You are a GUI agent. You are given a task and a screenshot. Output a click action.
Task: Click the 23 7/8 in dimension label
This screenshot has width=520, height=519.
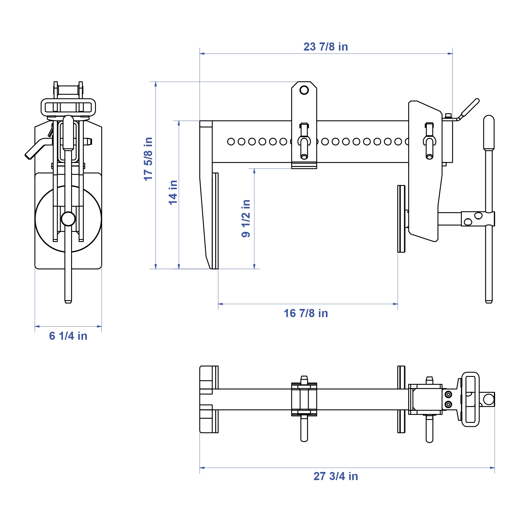coord(326,47)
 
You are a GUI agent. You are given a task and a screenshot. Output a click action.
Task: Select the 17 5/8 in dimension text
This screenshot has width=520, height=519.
coord(148,159)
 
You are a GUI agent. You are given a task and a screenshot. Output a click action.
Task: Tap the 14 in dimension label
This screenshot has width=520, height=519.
coord(173,192)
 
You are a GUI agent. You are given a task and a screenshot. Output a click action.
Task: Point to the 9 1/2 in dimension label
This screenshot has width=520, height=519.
coord(246,218)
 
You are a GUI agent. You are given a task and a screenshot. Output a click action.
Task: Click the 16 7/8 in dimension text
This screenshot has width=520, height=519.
coord(306,313)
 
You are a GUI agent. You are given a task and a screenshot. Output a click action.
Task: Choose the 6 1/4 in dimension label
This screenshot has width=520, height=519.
coord(68,336)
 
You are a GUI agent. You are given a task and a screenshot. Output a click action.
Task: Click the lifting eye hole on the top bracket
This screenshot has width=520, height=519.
coord(304,90)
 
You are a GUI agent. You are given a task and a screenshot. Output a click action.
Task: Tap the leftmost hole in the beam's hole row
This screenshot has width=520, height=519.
coord(231,141)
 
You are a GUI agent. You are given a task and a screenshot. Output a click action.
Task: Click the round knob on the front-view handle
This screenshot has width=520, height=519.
coord(68,219)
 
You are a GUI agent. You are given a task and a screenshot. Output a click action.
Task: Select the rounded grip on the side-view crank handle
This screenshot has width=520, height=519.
coord(489,132)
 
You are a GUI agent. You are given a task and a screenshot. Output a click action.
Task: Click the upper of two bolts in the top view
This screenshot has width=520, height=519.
coord(448,394)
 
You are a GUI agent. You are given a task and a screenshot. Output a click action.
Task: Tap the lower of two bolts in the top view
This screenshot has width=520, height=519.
coord(448,404)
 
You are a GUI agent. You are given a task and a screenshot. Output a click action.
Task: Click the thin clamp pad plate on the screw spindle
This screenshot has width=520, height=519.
coord(401,219)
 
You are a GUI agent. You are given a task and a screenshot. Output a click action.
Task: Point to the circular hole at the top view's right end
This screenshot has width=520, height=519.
coord(489,399)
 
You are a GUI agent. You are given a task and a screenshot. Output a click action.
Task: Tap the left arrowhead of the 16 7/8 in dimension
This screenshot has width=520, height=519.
coord(220,304)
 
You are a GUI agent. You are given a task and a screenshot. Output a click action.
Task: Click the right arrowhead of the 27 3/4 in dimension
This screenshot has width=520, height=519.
coord(492,468)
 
